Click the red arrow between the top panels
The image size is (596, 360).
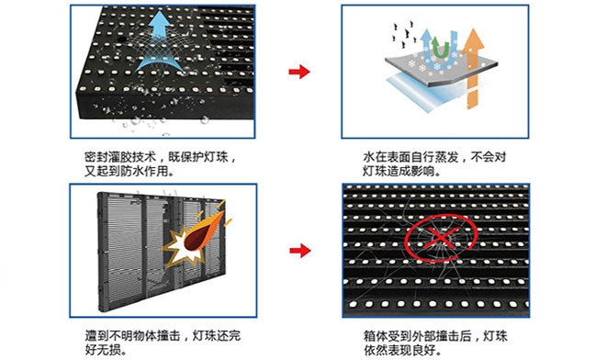[x=299, y=71]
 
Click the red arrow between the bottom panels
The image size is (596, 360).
[x=300, y=250]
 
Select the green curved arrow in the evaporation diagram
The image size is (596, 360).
[x=441, y=48]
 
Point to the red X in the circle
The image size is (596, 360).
[x=441, y=238]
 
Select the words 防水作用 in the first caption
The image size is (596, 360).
[x=144, y=171]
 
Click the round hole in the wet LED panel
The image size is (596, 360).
[x=121, y=39]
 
